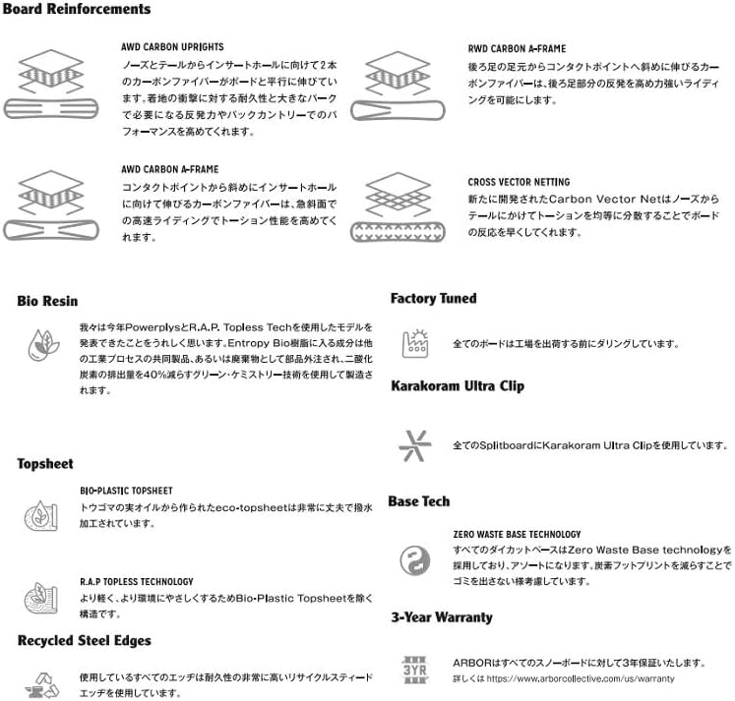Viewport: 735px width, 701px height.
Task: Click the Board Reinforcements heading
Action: tap(77, 10)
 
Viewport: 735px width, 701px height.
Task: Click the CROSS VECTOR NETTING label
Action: tap(519, 182)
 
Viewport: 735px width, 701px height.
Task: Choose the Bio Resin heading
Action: tap(47, 301)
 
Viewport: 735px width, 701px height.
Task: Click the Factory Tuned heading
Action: tap(433, 298)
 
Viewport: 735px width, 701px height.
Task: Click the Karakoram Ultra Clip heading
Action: tap(457, 386)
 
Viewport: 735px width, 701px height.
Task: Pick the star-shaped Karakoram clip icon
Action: tap(414, 445)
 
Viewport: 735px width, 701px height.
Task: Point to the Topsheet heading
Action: tap(44, 463)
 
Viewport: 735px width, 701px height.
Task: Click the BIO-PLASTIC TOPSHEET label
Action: tap(126, 490)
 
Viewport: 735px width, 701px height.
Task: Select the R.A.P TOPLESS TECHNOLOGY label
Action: tap(137, 582)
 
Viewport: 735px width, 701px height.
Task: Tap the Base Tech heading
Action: tap(419, 501)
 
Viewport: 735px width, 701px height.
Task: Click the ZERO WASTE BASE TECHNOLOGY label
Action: tap(517, 534)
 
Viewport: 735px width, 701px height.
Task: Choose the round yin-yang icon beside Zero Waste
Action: tap(414, 560)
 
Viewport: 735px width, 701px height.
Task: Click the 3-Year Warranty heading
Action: tap(441, 617)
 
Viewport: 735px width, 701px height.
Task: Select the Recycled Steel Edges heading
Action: tap(85, 641)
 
